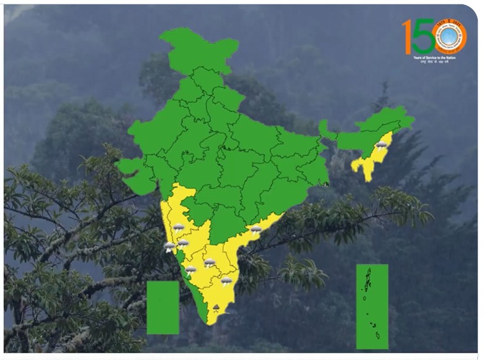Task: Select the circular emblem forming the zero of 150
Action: click(x=449, y=36)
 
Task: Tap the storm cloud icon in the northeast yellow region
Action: click(x=382, y=145)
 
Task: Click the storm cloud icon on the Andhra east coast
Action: click(x=256, y=229)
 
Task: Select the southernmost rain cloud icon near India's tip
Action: click(x=217, y=307)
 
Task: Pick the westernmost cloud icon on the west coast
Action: click(x=169, y=247)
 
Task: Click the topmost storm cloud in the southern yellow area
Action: click(x=178, y=228)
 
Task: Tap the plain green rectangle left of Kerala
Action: click(x=163, y=307)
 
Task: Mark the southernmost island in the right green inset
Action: click(x=377, y=336)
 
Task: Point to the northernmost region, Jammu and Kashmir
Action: click(x=198, y=49)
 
